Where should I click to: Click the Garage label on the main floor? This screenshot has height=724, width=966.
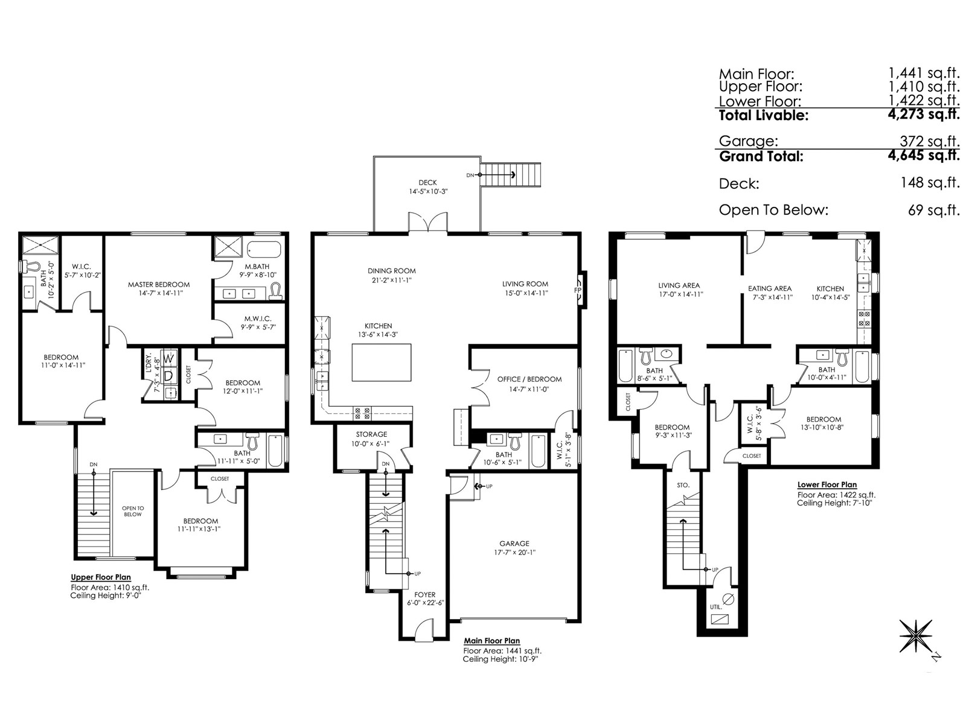pos(514,544)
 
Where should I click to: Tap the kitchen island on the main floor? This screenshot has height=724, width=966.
pos(381,362)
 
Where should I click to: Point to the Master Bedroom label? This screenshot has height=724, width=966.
pos(159,284)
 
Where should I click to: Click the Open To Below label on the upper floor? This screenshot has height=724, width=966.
pos(132,511)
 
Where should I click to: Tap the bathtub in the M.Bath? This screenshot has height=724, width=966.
pos(264,249)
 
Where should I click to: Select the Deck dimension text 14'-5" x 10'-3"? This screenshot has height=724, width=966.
pos(428,192)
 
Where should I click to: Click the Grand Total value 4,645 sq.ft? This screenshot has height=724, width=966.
pos(923,155)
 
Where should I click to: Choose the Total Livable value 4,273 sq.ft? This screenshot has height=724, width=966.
pos(923,114)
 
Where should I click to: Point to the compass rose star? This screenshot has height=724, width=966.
pos(915,636)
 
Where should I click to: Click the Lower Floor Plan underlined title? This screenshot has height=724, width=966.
pos(827,484)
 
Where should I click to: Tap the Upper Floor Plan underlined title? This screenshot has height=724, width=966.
pos(101,577)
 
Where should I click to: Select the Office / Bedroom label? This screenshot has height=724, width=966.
pos(529,379)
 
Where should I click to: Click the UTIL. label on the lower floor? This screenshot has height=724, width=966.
pos(716,607)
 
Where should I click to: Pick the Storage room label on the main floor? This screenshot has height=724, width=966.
pos(371,434)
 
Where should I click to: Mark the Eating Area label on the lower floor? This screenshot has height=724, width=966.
pos(770,288)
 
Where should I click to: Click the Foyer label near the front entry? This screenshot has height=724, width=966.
pos(424,595)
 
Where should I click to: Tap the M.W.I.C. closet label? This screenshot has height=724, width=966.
pos(258,319)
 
